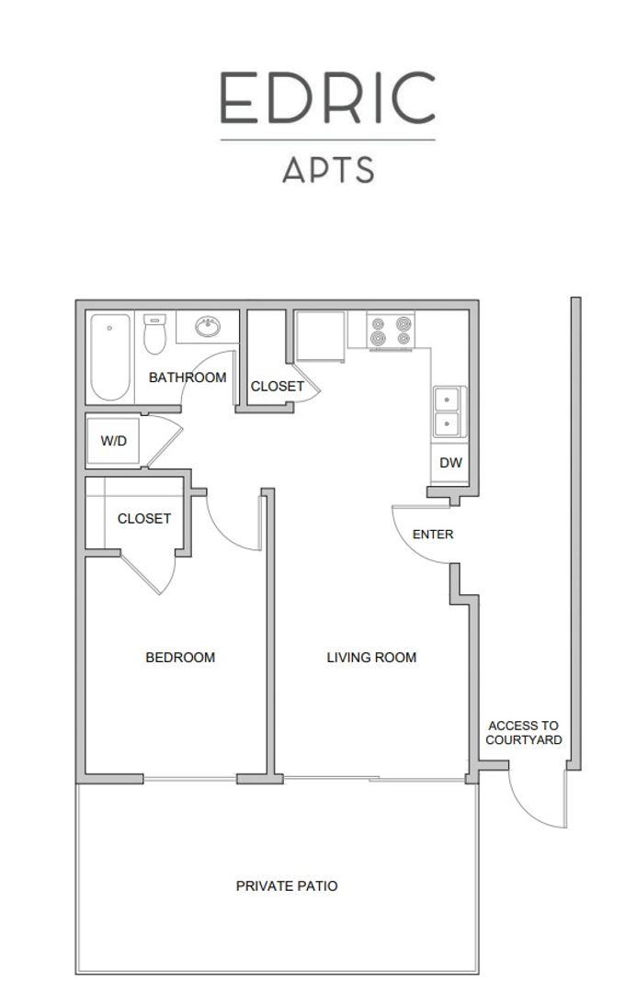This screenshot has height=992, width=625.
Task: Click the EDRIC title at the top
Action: point(327,97)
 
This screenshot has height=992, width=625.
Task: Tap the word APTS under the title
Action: point(328,170)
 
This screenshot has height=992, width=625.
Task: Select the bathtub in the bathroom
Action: point(110,356)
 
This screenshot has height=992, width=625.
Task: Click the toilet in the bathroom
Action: point(154,334)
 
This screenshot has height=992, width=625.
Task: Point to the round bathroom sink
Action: point(208,326)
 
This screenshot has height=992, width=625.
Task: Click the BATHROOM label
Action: point(187,378)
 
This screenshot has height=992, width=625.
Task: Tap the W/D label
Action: point(113,441)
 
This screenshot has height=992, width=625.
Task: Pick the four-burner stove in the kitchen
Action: point(391,331)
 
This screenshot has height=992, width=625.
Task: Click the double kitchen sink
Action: point(449,411)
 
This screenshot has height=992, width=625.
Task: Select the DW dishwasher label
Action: point(451,462)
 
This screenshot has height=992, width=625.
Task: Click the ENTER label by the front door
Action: point(433,534)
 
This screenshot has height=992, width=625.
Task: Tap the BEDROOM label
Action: point(180,658)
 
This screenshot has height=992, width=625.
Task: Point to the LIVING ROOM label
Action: point(371,658)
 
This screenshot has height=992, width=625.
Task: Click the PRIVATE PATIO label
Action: point(287,885)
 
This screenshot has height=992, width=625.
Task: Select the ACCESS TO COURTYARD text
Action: point(524,733)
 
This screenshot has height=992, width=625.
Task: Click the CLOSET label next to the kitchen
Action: point(278,386)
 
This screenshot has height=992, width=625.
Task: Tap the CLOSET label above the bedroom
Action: point(144,518)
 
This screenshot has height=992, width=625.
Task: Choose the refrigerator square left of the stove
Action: point(321,336)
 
